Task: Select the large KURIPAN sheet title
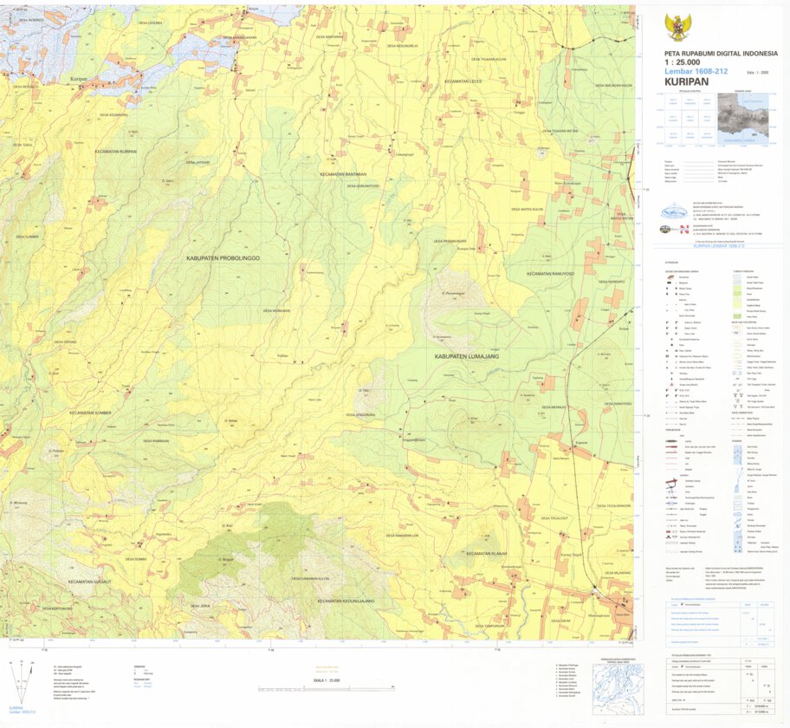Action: [687, 81]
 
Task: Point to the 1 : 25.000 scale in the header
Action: [684, 62]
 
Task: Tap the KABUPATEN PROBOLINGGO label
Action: [223, 258]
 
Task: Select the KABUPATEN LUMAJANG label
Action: [464, 356]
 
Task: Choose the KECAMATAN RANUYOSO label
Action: [550, 274]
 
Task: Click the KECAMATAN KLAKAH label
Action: [486, 553]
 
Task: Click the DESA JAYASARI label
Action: [197, 162]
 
